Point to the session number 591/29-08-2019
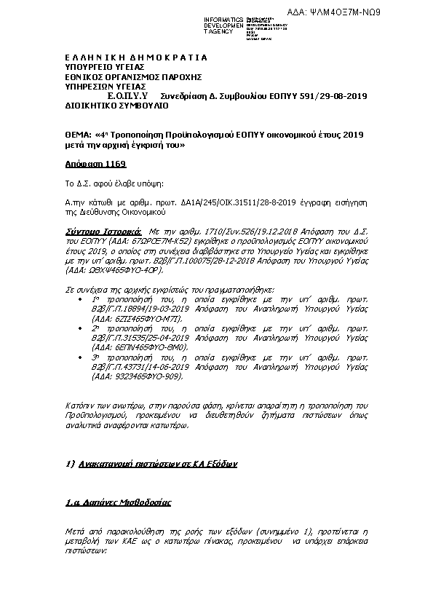[331, 96]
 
